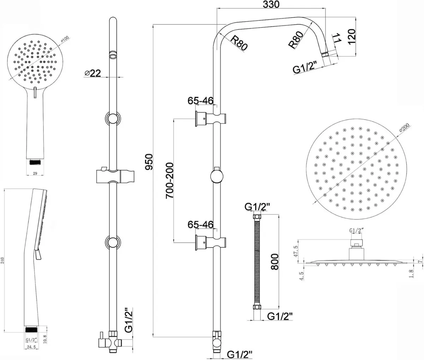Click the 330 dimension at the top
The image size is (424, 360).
(x=271, y=5)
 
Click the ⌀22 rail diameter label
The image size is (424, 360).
(x=93, y=73)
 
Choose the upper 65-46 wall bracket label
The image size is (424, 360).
(x=200, y=101)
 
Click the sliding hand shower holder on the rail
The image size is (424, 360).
(x=112, y=175)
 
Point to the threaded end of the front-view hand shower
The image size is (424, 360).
(x=34, y=162)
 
